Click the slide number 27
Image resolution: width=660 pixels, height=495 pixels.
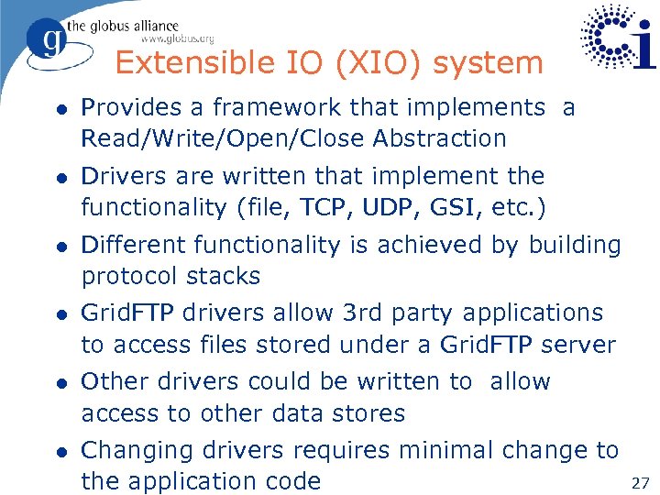(640, 481)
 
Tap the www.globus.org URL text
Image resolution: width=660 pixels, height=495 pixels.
(177, 38)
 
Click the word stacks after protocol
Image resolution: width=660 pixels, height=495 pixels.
(224, 276)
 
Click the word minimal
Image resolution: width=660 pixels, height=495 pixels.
(444, 450)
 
